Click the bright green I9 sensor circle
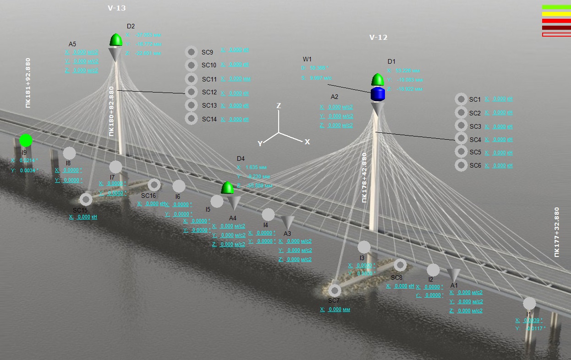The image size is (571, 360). [26, 141]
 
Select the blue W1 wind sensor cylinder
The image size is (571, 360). [378, 94]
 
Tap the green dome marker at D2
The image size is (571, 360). [116, 40]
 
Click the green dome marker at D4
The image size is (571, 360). [228, 188]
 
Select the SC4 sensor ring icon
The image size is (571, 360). [461, 139]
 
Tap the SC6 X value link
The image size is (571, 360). [499, 165]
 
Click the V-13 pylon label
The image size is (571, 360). [116, 8]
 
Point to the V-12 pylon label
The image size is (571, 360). [379, 38]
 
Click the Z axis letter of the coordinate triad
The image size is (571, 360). [278, 106]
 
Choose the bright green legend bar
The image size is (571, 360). [556, 7]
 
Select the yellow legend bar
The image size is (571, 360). [556, 14]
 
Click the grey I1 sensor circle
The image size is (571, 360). [529, 303]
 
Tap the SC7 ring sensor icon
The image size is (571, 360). [335, 290]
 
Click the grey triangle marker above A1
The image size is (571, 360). [453, 275]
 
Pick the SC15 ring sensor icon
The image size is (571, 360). [86, 199]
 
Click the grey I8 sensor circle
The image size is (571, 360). [69, 153]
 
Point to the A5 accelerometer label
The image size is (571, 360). [72, 44]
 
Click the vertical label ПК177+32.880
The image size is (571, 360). [557, 232]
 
